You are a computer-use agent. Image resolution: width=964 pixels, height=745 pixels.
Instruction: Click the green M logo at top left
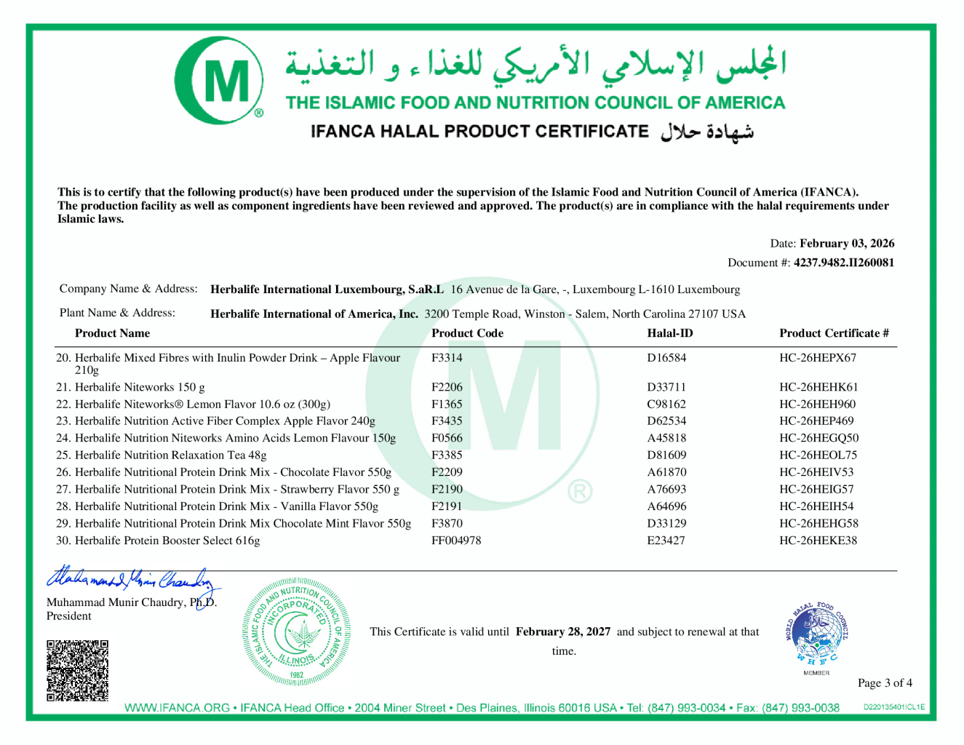(219, 81)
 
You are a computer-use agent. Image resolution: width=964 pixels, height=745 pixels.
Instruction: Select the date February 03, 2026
(847, 244)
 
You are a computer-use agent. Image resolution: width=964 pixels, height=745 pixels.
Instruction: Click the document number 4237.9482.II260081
(844, 263)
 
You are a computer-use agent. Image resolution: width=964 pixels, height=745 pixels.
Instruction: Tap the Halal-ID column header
(670, 333)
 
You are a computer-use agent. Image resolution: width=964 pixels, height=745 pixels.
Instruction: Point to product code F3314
(447, 358)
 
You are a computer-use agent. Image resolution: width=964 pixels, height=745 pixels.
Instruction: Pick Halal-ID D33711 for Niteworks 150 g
(666, 387)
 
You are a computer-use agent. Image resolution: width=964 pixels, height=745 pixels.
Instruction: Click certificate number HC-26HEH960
(817, 405)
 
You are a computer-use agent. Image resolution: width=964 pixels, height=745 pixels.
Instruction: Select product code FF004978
(456, 541)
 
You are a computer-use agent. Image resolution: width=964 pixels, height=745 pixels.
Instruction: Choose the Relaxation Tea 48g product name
(170, 455)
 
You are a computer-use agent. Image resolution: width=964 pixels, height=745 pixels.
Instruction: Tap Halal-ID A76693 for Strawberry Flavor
(666, 490)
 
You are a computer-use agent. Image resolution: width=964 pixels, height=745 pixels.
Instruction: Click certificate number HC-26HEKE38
(818, 541)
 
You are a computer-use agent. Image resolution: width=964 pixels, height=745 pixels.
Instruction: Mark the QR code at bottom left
(78, 670)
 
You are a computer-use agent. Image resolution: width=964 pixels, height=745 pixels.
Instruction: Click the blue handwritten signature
(131, 579)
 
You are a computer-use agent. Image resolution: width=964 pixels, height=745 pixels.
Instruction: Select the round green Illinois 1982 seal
(296, 632)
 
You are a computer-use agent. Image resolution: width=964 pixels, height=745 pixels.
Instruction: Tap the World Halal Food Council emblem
(816, 634)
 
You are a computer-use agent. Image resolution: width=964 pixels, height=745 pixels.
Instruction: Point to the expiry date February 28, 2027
(563, 632)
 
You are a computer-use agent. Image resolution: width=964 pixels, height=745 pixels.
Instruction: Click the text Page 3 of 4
(885, 683)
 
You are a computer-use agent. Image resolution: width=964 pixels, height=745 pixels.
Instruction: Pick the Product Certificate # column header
(834, 333)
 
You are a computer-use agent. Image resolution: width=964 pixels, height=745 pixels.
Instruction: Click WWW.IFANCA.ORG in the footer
(177, 708)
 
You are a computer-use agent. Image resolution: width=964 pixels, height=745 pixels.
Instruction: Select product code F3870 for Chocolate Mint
(447, 524)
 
